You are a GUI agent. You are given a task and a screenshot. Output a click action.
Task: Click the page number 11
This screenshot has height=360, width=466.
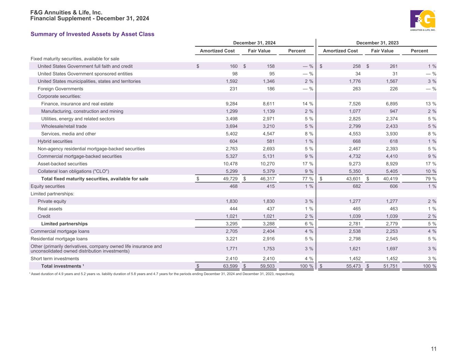pyautogui.click(x=434, y=349)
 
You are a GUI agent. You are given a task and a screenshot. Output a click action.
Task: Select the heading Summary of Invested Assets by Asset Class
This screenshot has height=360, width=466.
pyautogui.click(x=93, y=34)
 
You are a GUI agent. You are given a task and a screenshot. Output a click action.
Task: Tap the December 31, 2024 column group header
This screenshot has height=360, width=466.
pyautogui.click(x=254, y=43)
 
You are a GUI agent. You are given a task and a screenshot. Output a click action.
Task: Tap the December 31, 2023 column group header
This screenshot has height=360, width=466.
pyautogui.click(x=377, y=43)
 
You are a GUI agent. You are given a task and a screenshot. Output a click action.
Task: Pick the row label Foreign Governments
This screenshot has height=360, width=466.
pyautogui.click(x=60, y=89)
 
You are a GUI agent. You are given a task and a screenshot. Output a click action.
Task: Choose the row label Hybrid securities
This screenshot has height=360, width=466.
pyautogui.click(x=55, y=141)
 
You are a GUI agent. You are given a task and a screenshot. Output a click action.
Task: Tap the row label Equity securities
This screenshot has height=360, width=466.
pyautogui.click(x=48, y=186)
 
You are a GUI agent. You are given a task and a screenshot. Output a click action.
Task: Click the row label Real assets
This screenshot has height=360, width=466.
pyautogui.click(x=50, y=209)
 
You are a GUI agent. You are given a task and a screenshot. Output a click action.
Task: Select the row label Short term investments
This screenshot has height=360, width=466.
pyautogui.click(x=55, y=259)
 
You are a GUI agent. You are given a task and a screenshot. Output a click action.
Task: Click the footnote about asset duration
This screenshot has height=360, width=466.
pyautogui.click(x=162, y=274)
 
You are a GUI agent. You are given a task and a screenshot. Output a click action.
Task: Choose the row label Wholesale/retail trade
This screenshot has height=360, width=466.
pyautogui.click(x=64, y=126)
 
